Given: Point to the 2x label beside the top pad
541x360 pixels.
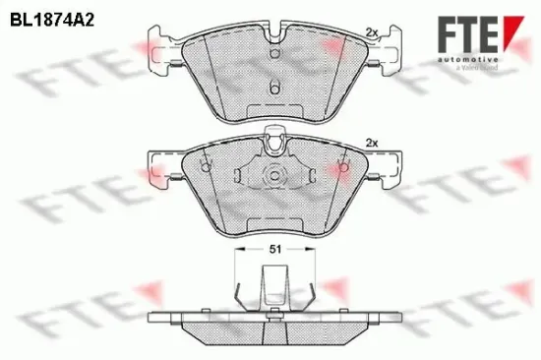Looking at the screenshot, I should pos(371,32).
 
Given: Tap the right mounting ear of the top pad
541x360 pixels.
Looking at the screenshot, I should pos(387,44).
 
